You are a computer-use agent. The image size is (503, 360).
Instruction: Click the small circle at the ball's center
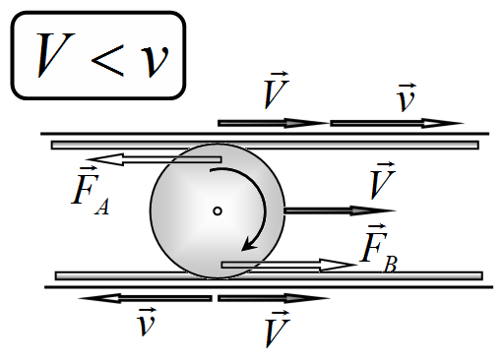coord(218,210)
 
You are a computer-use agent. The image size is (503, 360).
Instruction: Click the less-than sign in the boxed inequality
coord(107,61)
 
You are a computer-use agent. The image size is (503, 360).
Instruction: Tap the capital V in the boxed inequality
coord(55,55)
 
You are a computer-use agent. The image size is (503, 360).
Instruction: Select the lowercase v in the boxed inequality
coord(155,61)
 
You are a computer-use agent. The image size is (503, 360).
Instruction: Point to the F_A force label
coord(90,191)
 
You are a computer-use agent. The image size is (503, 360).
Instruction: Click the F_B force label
coord(378,249)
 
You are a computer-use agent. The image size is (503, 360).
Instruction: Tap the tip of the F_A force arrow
coord(86,159)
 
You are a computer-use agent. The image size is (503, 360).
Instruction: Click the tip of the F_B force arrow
coord(356,265)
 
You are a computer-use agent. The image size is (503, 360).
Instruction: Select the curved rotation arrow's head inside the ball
coord(248,245)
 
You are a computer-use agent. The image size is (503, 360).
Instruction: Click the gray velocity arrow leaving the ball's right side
coord(340,210)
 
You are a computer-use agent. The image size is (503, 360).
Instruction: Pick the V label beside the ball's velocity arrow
coord(382,181)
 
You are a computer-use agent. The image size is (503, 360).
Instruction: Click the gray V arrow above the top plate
coord(274,123)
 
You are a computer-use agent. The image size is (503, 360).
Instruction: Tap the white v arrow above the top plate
coord(397,123)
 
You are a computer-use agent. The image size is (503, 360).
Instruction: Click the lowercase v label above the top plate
coord(407,97)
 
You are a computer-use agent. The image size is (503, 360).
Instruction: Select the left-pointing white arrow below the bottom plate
coord(145,298)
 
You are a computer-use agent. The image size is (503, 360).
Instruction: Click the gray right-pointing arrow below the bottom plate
coord(274,298)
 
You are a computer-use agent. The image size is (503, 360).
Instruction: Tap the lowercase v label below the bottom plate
coord(147,322)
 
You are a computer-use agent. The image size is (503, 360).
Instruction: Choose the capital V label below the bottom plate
coord(277,329)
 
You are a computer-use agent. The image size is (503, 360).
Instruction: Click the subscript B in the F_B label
coord(391,265)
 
